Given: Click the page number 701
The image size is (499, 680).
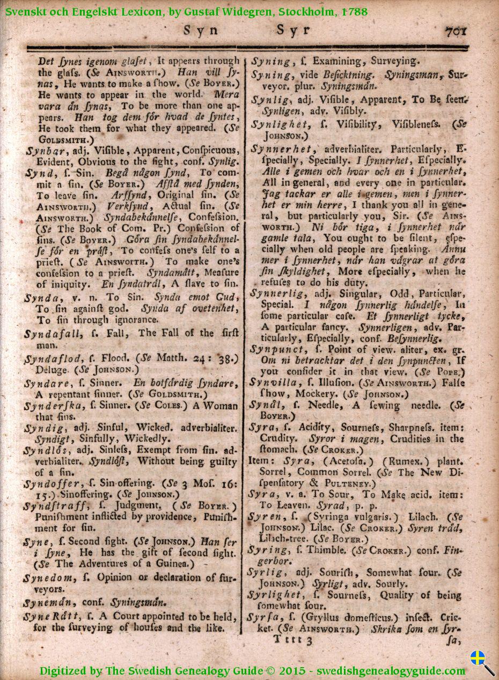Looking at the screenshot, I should coord(456,31).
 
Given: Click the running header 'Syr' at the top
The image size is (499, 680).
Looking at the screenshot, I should coord(293,31).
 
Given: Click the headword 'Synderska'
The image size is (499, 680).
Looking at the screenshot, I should coord(52,406).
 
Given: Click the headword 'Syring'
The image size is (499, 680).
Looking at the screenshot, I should coord(269,550).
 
